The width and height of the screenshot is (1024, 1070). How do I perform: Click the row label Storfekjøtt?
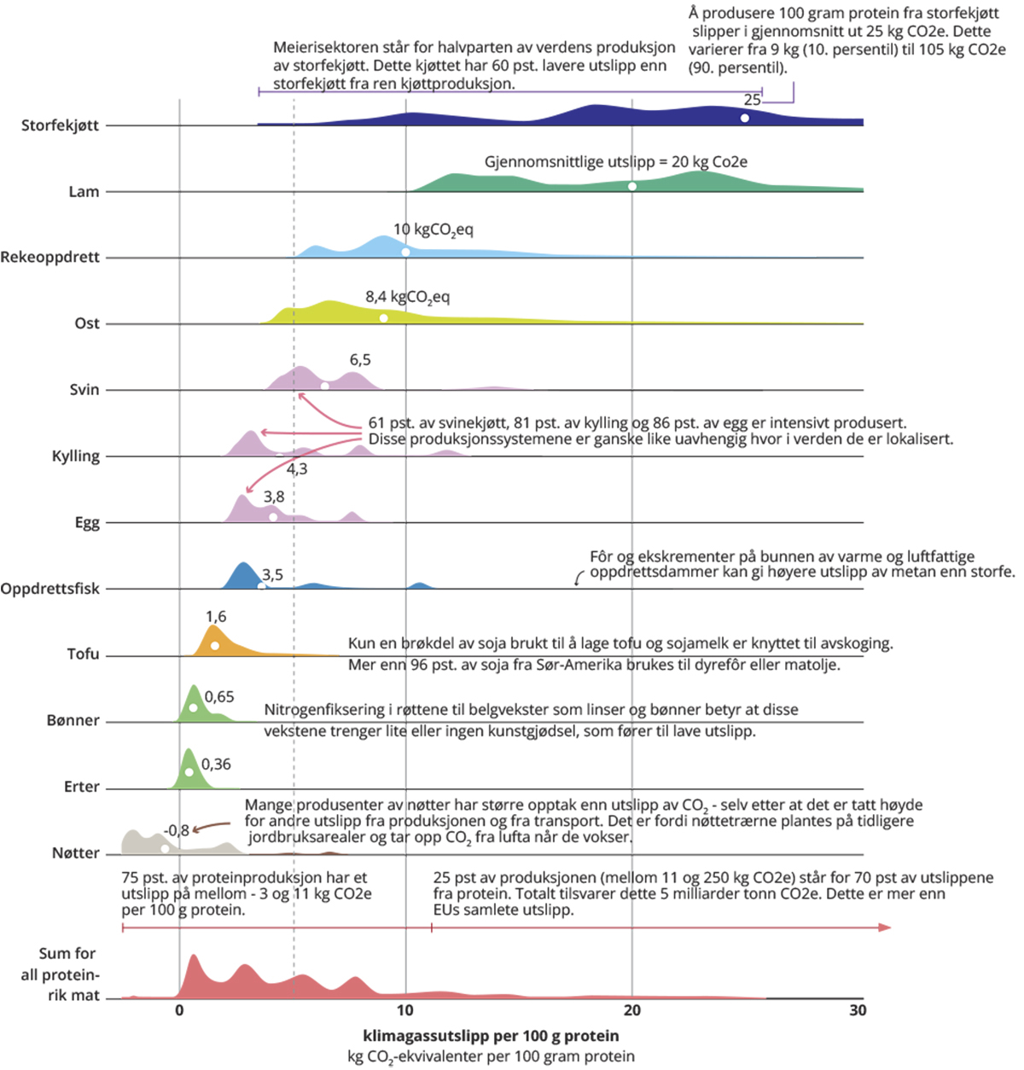[60, 125]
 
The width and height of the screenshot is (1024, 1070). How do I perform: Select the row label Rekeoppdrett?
[50, 257]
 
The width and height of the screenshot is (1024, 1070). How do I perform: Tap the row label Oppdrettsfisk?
[50, 589]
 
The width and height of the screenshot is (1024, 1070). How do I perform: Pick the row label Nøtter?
[75, 852]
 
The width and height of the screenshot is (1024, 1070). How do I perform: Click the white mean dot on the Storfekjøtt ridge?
[745, 118]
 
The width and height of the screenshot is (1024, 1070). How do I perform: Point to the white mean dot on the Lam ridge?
[632, 186]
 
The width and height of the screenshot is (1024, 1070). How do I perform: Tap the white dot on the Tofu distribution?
[215, 646]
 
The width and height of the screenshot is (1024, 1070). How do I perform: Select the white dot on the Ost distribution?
[384, 317]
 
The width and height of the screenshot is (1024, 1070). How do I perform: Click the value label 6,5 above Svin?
[360, 360]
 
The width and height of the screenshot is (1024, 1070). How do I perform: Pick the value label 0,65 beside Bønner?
[219, 697]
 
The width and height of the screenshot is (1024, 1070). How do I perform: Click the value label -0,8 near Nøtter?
[176, 830]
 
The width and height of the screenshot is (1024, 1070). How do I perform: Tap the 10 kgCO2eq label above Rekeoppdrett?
[433, 230]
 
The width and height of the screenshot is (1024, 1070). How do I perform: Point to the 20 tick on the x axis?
[632, 1010]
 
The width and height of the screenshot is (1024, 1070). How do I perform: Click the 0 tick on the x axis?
[179, 1010]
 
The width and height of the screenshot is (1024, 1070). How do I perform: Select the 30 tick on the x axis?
[858, 1010]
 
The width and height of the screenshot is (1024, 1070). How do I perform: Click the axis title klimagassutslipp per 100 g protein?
[492, 1036]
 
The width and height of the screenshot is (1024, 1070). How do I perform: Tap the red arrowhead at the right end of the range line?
[887, 928]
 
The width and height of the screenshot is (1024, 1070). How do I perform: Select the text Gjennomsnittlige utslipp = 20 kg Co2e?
[616, 161]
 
